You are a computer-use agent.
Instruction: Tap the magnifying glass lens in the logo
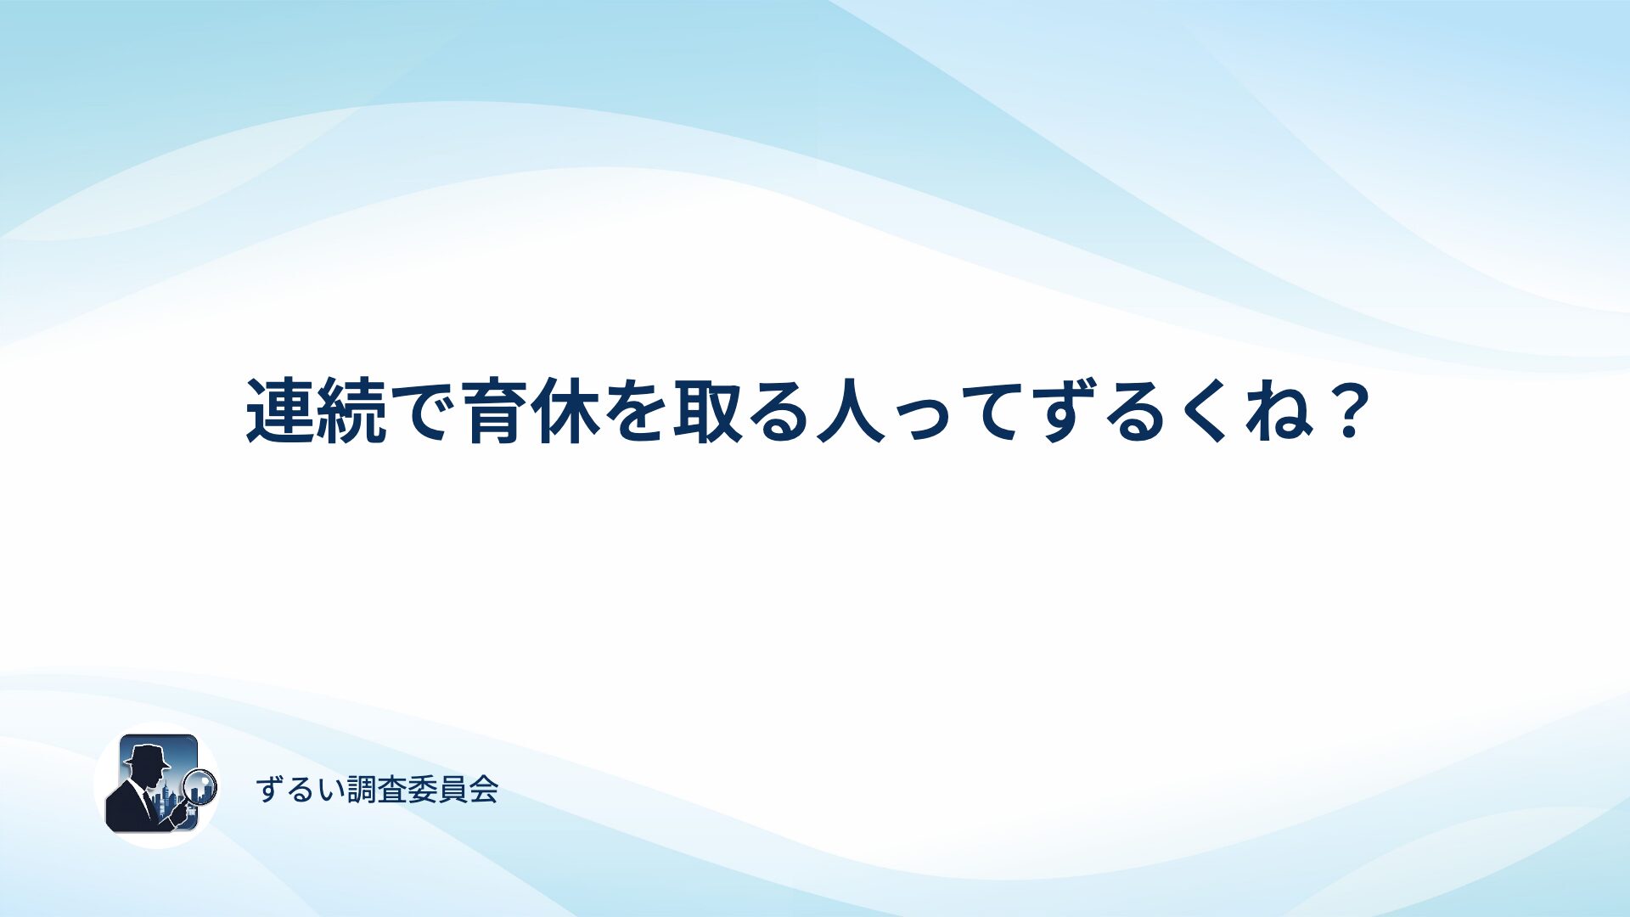[x=201, y=786]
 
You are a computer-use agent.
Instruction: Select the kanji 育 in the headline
[x=495, y=412]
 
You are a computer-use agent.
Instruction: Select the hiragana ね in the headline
[x=1280, y=412]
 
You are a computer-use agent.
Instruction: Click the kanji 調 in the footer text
[x=363, y=790]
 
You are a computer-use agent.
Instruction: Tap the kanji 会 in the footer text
[x=483, y=790]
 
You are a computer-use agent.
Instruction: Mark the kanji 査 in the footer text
[x=392, y=790]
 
